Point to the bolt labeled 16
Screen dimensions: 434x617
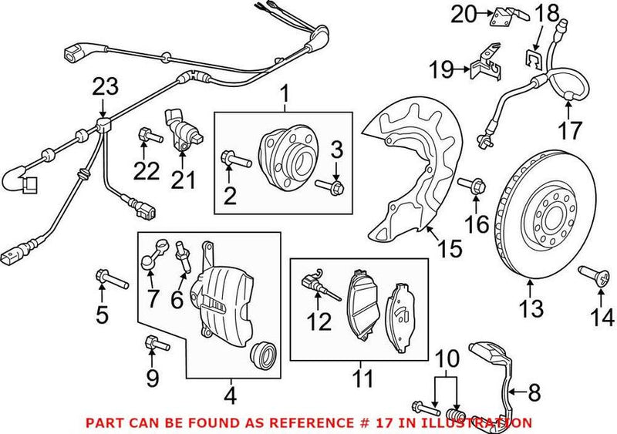473,186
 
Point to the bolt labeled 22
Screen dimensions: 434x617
149,136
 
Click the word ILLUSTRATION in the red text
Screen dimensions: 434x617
484,422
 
